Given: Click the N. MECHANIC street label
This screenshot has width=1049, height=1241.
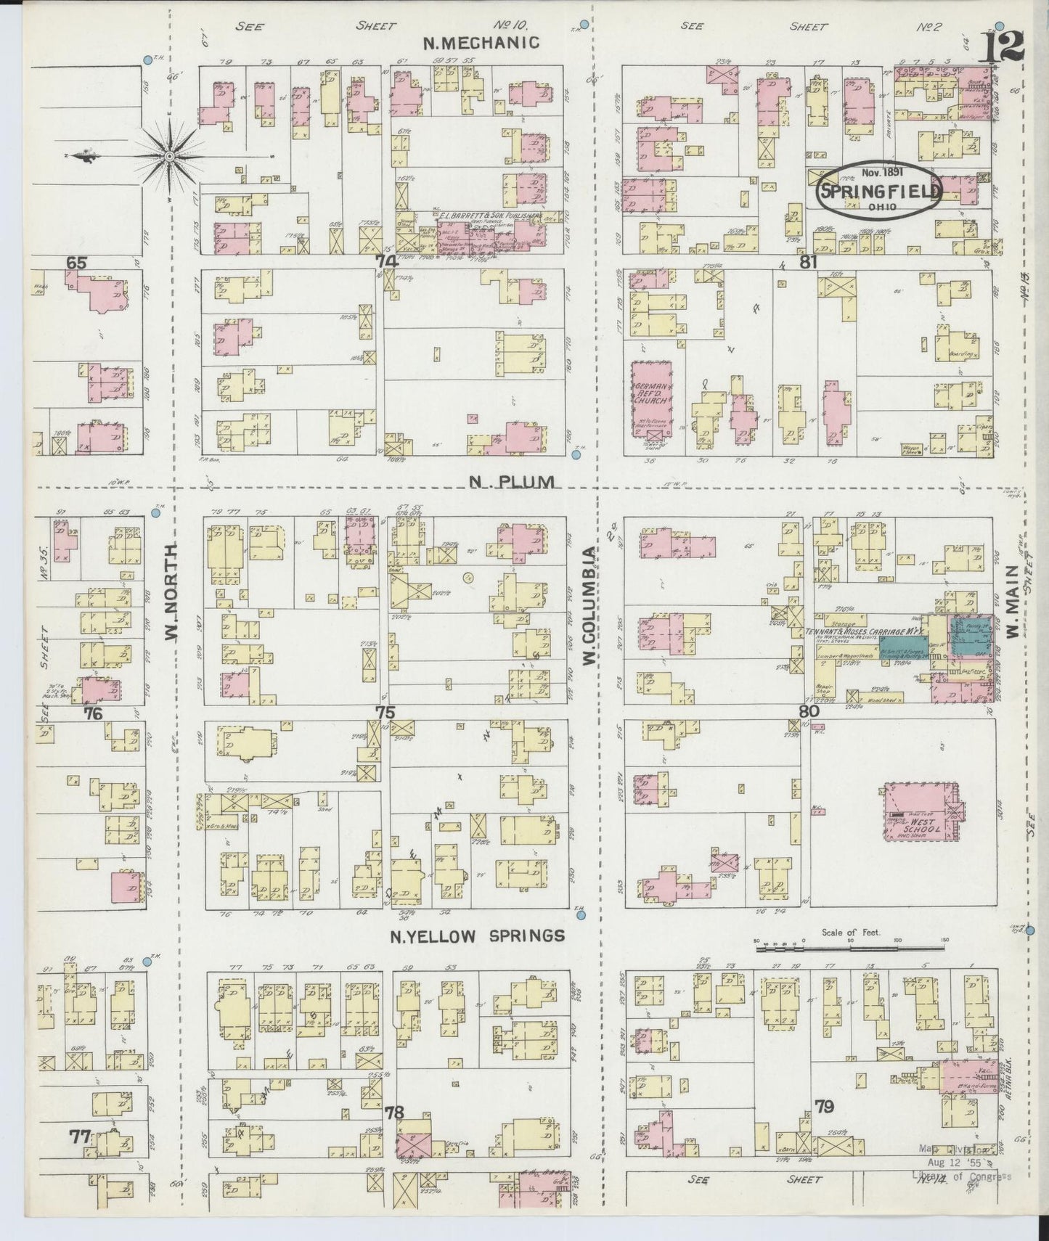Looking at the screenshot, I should [481, 43].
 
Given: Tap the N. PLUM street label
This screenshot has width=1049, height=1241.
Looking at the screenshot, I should [511, 481].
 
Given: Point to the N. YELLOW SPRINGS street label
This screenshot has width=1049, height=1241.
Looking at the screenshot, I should [477, 935].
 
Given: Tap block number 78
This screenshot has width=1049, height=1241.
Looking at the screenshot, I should [394, 1112].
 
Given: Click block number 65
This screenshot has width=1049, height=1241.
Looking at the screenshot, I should [75, 262].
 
